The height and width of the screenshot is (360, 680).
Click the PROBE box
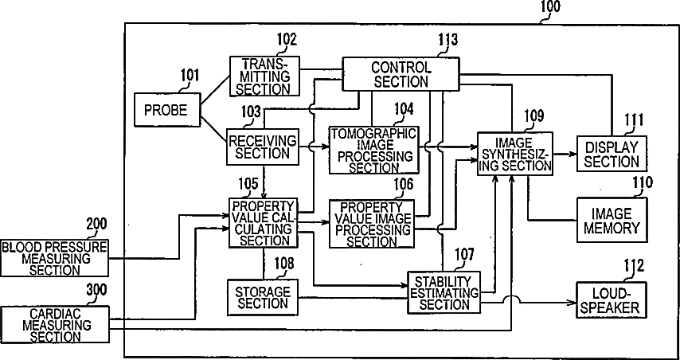(166, 110)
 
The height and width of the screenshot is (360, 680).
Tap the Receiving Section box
(262, 147)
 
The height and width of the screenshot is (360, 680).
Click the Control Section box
(401, 74)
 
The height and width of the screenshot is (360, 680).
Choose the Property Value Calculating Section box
(263, 223)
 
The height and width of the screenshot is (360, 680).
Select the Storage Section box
(262, 295)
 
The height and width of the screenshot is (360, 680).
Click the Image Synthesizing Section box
(514, 152)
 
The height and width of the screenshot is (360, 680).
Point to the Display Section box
(612, 154)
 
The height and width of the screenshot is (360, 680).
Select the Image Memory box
(612, 221)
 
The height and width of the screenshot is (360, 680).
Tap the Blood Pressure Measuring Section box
(55, 258)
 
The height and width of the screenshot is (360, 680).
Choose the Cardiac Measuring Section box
(55, 325)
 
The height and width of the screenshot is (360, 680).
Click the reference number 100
(550, 8)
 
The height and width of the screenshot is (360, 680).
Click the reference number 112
(634, 266)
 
